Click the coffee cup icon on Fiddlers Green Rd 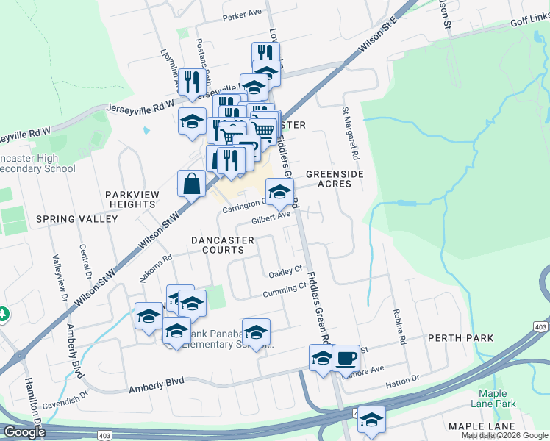tap(346, 359)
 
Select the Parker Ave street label tap(243, 14)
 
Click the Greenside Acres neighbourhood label tap(335, 179)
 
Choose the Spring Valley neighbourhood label tap(76, 219)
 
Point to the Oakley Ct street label tap(285, 271)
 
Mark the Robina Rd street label tap(401, 327)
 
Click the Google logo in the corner tap(24, 432)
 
